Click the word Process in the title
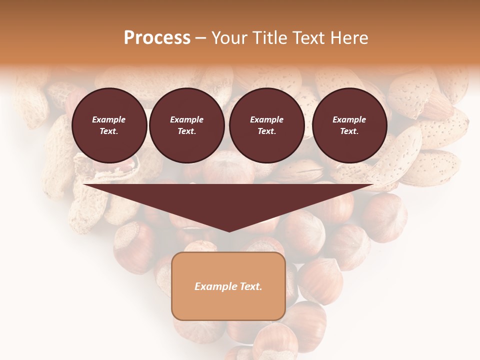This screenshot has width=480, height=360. click(157, 38)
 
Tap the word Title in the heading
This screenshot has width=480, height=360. click(270, 38)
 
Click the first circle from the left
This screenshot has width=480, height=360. click(109, 125)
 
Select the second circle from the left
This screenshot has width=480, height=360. click(187, 125)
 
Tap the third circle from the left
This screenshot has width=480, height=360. click(267, 125)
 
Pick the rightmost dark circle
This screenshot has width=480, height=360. click(349, 125)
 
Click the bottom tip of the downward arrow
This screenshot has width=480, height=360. click(229, 231)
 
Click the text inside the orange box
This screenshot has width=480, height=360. click(228, 286)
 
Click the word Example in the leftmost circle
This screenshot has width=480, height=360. click(109, 119)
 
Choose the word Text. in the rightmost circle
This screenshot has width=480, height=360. click(349, 131)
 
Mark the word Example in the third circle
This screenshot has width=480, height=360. click(267, 119)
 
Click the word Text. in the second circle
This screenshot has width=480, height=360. click(187, 131)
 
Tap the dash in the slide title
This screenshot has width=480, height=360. click(200, 38)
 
